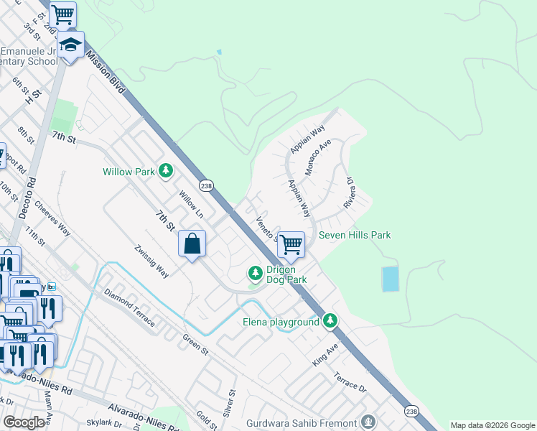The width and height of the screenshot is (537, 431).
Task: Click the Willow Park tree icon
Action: pyautogui.click(x=167, y=171)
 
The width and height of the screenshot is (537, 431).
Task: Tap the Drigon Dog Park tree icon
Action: pyautogui.click(x=255, y=273)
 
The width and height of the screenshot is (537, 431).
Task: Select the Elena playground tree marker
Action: pyautogui.click(x=330, y=320)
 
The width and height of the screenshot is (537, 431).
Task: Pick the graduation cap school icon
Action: pyautogui.click(x=70, y=45)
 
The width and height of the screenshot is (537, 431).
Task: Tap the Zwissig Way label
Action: pyautogui.click(x=151, y=262)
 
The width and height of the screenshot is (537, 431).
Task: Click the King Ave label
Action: pyautogui.click(x=325, y=356)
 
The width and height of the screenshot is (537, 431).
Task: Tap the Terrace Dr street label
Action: pyautogui.click(x=350, y=381)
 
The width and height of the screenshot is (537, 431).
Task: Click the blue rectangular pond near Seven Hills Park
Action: pyautogui.click(x=390, y=279)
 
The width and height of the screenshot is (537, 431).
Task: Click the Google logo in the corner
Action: pyautogui.click(x=24, y=422)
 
